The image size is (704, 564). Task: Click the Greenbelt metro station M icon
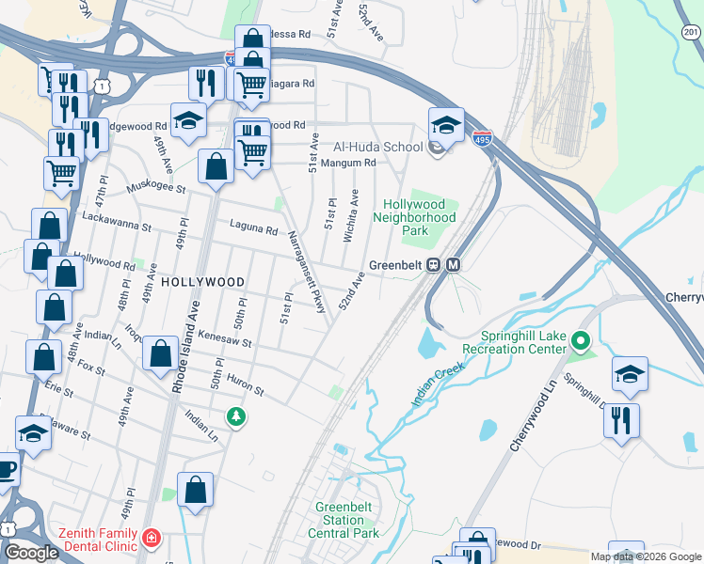tap(453, 265)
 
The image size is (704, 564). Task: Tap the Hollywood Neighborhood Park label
tap(420, 217)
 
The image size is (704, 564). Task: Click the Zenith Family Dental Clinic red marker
tap(152, 539)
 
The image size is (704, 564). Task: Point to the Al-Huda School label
tap(377, 148)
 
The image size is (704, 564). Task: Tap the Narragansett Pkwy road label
tap(306, 277)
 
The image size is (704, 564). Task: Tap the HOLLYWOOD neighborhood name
tap(202, 282)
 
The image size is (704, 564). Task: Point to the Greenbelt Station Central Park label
tap(347, 520)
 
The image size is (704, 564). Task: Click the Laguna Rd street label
tap(254, 228)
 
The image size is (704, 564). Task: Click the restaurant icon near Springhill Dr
tap(622, 419)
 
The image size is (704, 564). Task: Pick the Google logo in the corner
tap(32, 554)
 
